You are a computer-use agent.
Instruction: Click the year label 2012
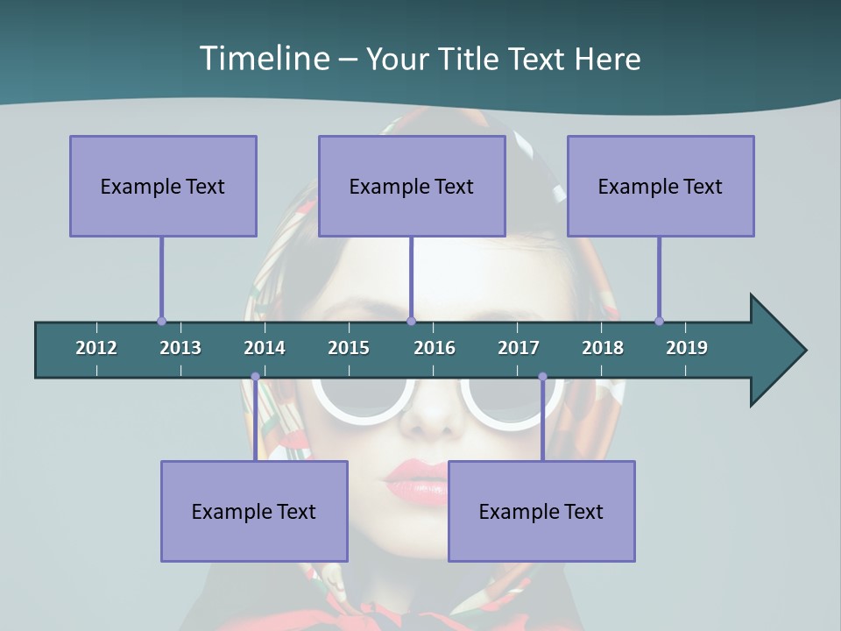tap(96, 348)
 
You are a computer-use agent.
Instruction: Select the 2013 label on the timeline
tap(180, 348)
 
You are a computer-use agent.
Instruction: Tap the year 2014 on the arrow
tap(265, 348)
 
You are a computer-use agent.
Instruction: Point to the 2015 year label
tap(349, 348)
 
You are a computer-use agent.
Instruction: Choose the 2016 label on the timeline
tap(435, 348)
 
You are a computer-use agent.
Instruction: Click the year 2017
tap(519, 348)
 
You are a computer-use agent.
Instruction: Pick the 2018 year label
tap(603, 348)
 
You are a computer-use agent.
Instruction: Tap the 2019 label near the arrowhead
tap(687, 348)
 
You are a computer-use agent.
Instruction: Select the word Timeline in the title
tap(263, 59)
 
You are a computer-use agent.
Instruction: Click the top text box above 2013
tap(163, 186)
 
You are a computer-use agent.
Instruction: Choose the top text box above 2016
tap(412, 186)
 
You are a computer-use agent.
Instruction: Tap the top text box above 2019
tap(661, 186)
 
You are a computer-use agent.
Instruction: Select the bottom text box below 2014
tap(254, 511)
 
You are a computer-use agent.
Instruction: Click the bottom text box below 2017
tap(541, 511)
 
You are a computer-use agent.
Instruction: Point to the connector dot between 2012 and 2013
tap(161, 321)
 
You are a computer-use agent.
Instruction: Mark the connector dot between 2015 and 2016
tap(411, 321)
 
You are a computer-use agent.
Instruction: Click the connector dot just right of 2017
tap(542, 377)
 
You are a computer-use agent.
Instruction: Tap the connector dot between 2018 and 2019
tap(659, 321)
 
